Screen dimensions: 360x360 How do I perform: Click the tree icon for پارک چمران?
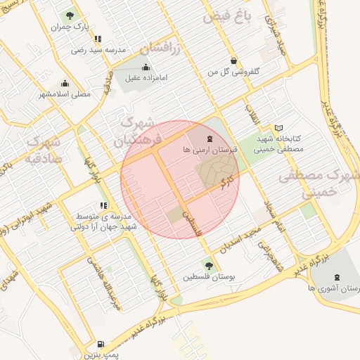[70, 15]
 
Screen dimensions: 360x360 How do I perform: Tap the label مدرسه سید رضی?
[98, 50]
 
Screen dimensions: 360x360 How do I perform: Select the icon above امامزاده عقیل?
[146, 67]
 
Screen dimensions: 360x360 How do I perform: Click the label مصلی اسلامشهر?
[66, 94]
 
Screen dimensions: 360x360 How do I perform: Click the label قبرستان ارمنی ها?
[210, 150]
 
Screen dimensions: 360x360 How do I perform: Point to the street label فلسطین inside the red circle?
[193, 221]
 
